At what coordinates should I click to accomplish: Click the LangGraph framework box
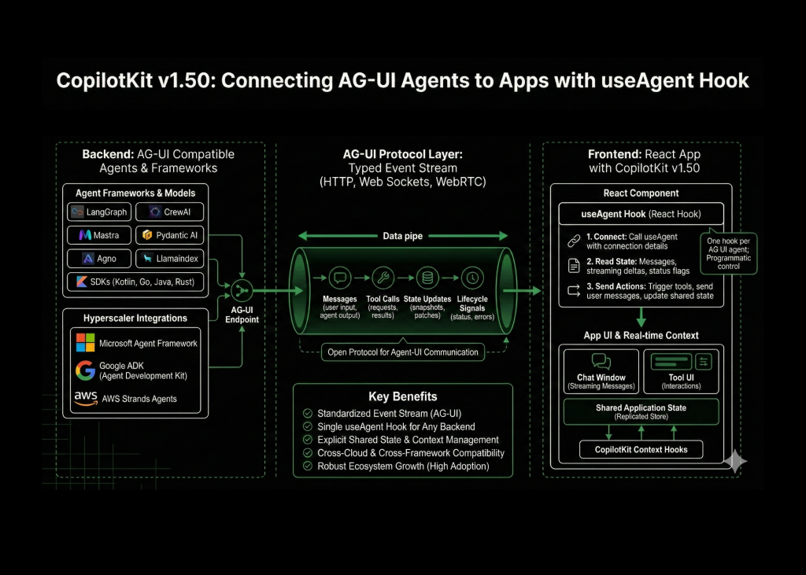(x=98, y=212)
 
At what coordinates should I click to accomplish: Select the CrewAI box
(x=169, y=212)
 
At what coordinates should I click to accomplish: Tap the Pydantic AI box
(x=169, y=235)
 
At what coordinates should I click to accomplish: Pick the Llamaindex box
(x=169, y=258)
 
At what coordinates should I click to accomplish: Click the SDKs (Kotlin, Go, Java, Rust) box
(x=135, y=282)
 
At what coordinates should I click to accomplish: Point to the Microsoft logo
(x=85, y=343)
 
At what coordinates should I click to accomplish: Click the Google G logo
(x=85, y=370)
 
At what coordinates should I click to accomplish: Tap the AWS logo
(x=85, y=399)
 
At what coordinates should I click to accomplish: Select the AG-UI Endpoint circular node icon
(x=242, y=291)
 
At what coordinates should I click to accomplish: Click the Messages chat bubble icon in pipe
(x=340, y=277)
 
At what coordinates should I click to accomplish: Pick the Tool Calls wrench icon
(x=383, y=277)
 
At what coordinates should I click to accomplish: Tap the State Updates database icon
(x=427, y=277)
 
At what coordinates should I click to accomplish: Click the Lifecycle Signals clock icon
(x=471, y=277)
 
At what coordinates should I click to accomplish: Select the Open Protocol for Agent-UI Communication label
(x=402, y=352)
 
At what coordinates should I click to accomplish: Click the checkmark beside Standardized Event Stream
(x=307, y=414)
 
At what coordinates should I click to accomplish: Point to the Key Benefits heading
(x=402, y=396)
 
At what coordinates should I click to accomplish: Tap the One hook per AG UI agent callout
(x=728, y=252)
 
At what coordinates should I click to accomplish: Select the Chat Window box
(x=601, y=370)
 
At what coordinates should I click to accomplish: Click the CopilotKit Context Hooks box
(x=641, y=450)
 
